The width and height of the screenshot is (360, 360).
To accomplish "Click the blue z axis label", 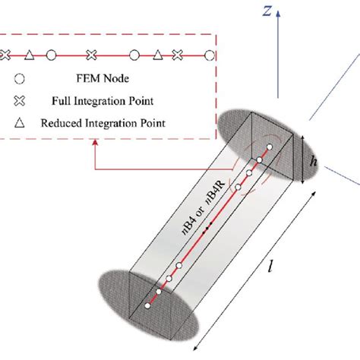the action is click(267, 11).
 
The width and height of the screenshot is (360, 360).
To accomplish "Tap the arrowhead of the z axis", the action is click(278, 14).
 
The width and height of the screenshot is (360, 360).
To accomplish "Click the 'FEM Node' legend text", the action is click(103, 78).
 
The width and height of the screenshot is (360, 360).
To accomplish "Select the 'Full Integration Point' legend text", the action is click(103, 101).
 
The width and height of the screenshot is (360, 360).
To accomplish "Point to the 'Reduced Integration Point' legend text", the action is click(103, 123).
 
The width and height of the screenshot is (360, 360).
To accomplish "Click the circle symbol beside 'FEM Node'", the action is click(20, 79).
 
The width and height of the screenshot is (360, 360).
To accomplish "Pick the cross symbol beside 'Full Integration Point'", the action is click(20, 101).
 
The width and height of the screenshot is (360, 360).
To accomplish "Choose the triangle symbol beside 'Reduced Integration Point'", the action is click(20, 123).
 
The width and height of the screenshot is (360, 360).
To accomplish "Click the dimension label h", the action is click(314, 160).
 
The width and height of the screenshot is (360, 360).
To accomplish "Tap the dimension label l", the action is click(270, 267).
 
